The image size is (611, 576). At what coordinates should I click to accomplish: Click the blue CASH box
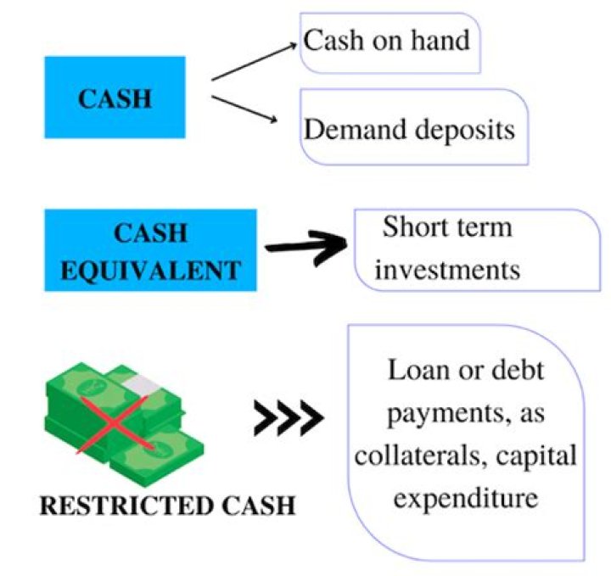tap(115, 98)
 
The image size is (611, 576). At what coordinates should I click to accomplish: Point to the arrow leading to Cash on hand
tap(255, 64)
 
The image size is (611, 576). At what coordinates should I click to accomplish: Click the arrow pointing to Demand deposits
tap(247, 109)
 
